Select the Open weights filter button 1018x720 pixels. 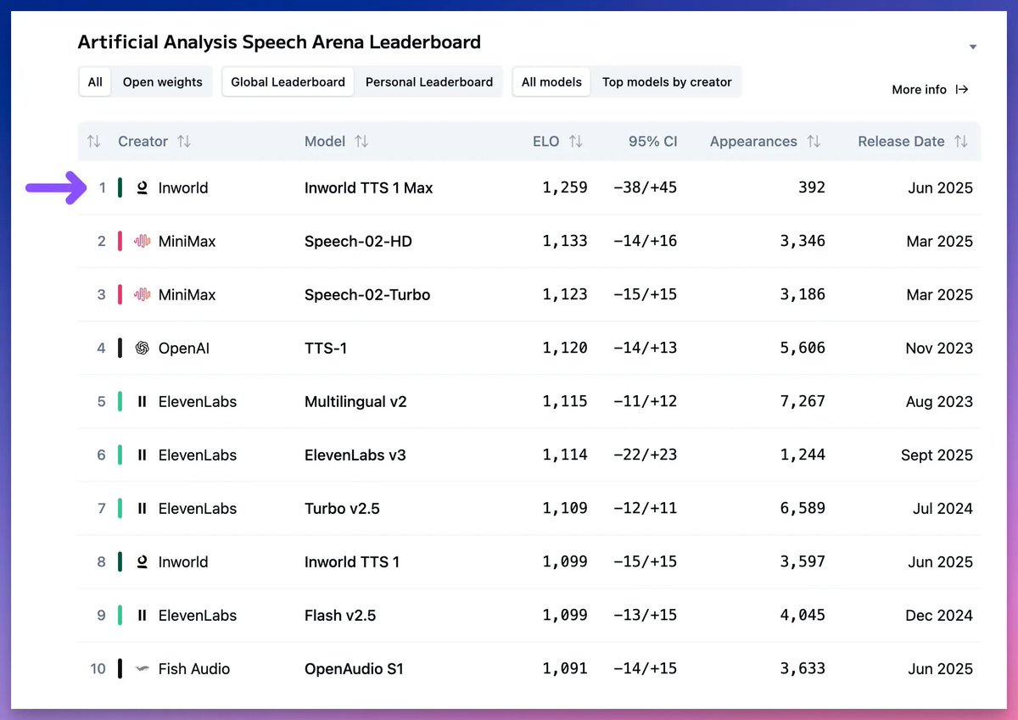[162, 82]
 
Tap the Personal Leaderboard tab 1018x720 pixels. [428, 82]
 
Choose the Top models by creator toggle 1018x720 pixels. [666, 82]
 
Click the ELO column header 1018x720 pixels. [546, 142]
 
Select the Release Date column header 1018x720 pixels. [901, 142]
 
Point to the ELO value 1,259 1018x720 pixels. [565, 187]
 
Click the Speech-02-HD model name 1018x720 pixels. [358, 242]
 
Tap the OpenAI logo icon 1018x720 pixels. [143, 348]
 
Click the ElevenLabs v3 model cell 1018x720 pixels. [355, 455]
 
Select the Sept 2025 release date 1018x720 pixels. [937, 455]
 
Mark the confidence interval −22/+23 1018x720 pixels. [645, 455]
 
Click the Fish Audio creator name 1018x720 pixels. [194, 669]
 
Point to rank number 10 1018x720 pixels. [98, 669]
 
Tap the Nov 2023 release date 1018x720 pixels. [939, 348]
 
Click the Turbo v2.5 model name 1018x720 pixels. [342, 509]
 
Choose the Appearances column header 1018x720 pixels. [753, 142]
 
